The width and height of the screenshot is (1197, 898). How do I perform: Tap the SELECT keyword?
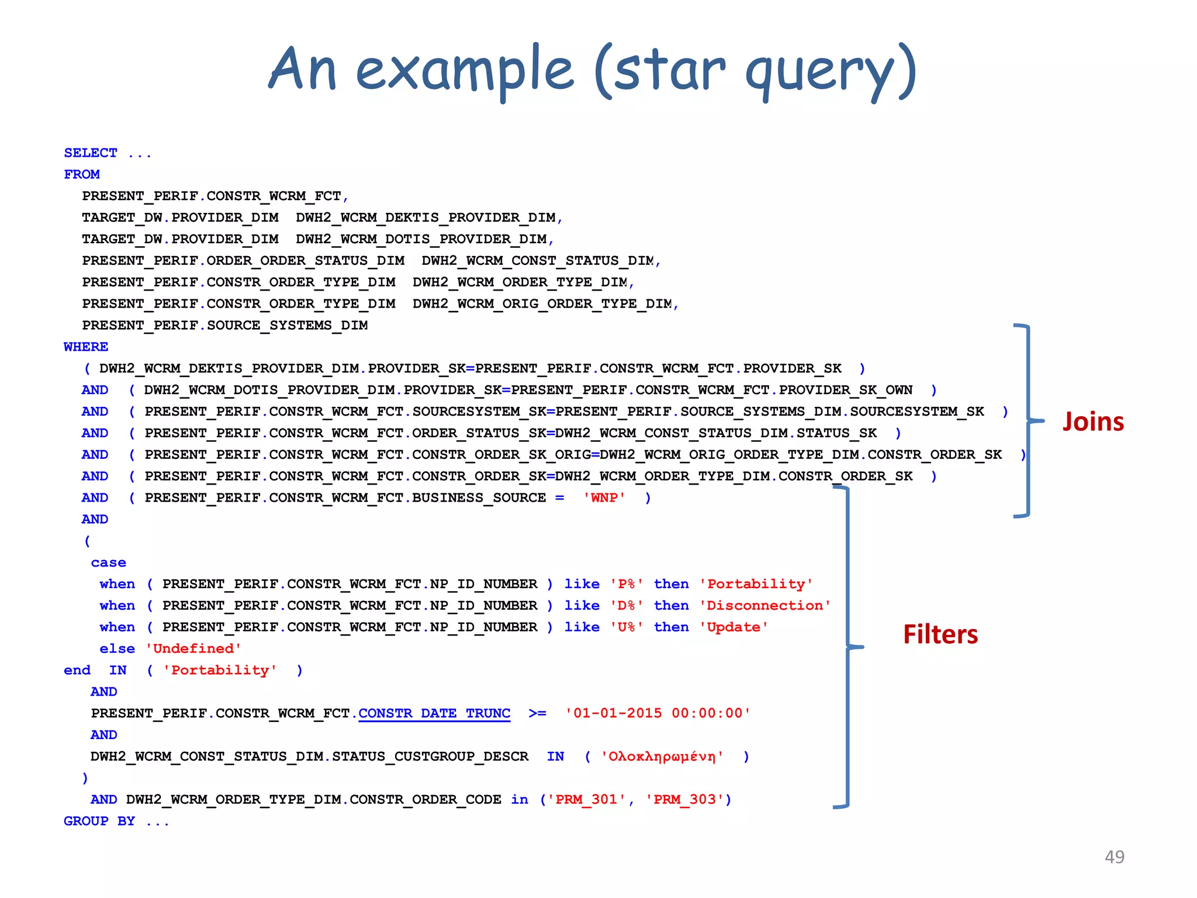coord(91,153)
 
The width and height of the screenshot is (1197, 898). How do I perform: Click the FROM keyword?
coord(82,175)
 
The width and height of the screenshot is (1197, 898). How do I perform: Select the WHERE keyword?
coord(86,347)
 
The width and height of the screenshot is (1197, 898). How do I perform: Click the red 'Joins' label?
coord(1093,422)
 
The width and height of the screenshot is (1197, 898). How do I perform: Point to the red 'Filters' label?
coord(940,634)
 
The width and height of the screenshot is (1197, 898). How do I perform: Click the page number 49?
coord(1114,856)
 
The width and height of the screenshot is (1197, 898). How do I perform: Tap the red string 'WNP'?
coord(604,498)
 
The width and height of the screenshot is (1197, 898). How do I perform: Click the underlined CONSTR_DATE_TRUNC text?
coord(434,713)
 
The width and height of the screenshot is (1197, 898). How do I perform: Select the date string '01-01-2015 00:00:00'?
coord(658,713)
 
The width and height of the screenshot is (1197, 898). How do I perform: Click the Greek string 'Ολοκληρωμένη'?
coord(662,757)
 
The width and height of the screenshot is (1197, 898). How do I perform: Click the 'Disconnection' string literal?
coord(765,606)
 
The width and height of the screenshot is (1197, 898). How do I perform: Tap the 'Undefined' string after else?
coord(193,648)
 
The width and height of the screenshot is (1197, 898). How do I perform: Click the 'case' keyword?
coord(109,562)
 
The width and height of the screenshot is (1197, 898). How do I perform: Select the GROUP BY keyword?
coord(99,821)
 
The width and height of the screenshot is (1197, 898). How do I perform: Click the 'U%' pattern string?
coord(627,627)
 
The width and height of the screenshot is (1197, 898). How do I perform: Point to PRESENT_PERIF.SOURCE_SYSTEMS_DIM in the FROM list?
coord(225,325)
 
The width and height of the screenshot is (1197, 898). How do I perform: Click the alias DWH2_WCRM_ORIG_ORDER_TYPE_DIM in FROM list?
coord(542,303)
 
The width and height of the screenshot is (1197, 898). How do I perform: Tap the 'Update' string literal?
coord(734,627)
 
